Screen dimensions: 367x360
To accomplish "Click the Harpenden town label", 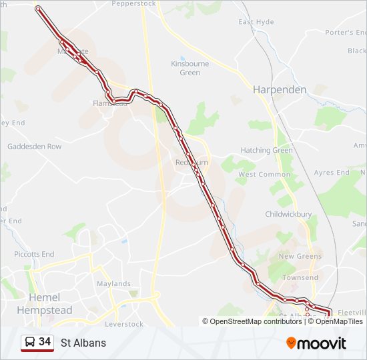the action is coord(279,89).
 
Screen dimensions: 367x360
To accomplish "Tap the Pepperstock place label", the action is coord(133,4).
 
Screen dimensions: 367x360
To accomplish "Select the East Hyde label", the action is coord(256,22).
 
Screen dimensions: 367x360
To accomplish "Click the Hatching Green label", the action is coord(266,151).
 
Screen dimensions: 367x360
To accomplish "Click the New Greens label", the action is coord(300,256).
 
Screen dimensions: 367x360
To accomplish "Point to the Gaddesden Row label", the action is coord(34,147).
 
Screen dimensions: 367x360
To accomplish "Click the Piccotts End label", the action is coord(34,254).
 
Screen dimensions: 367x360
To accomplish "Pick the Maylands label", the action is coord(113,283).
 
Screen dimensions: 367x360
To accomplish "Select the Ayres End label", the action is coord(332,173).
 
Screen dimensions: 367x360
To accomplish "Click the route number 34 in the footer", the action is coord(45,342).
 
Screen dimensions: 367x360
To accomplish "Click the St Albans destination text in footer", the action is coord(83,343).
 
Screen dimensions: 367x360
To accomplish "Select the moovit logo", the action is coord(316,343).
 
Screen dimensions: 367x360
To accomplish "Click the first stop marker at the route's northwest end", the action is coord(38,9).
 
